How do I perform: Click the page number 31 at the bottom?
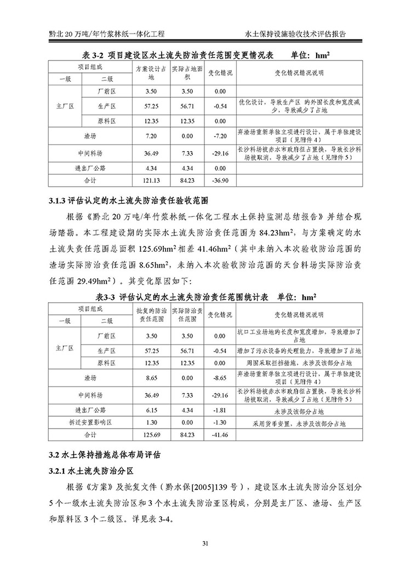[x=206, y=543]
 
